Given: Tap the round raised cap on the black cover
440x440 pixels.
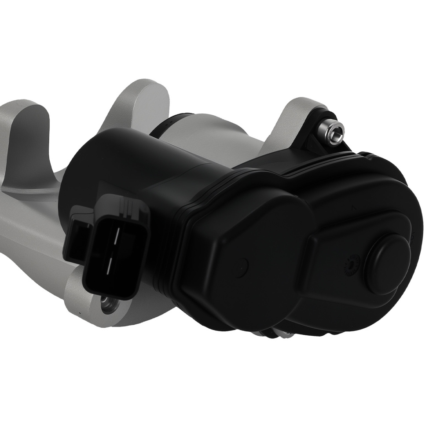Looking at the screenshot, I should (x=387, y=264).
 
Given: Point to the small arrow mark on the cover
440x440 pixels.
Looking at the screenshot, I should (x=353, y=205).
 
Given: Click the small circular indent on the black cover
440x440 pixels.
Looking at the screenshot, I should (x=242, y=267).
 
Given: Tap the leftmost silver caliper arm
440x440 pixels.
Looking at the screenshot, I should (x=22, y=132).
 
